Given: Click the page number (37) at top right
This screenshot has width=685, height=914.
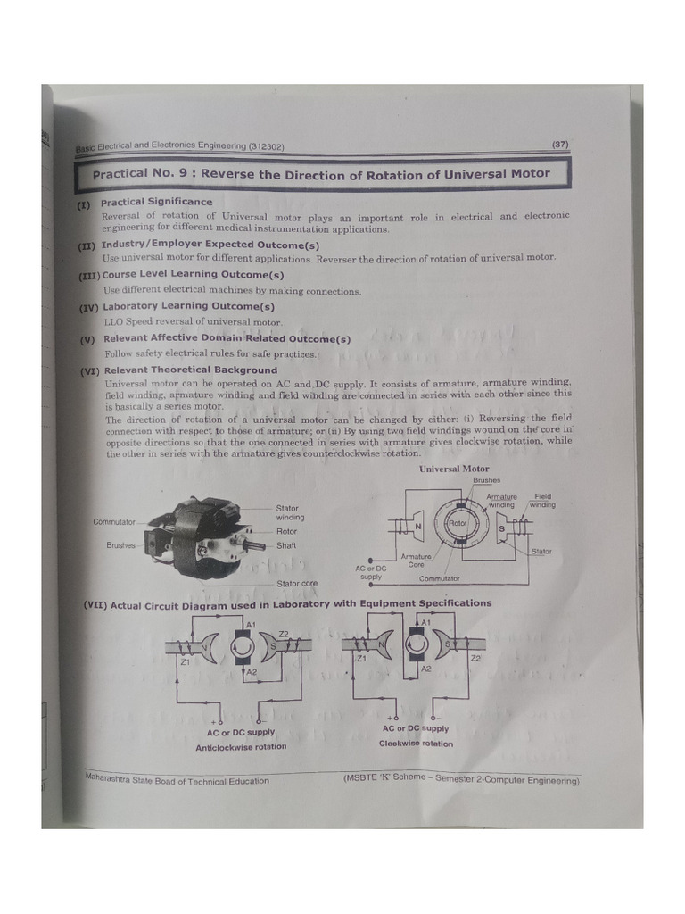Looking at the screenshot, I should (560, 144).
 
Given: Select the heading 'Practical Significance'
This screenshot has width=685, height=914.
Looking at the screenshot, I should (156, 202).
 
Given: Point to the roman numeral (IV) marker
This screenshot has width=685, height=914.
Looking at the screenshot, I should (88, 306).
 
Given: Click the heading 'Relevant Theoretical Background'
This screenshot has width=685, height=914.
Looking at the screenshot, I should (190, 370).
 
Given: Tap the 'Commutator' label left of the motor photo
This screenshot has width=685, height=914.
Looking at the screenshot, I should (113, 521).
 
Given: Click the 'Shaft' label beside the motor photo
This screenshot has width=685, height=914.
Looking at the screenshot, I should (286, 545).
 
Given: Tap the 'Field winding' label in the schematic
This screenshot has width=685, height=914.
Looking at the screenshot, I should (541, 501).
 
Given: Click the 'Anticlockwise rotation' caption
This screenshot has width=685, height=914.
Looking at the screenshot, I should (241, 747).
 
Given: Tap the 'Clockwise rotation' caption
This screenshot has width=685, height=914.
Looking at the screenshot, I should (416, 744).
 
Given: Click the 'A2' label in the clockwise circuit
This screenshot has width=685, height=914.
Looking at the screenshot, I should (425, 668).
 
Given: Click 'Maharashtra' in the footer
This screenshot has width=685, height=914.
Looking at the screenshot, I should (111, 777).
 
